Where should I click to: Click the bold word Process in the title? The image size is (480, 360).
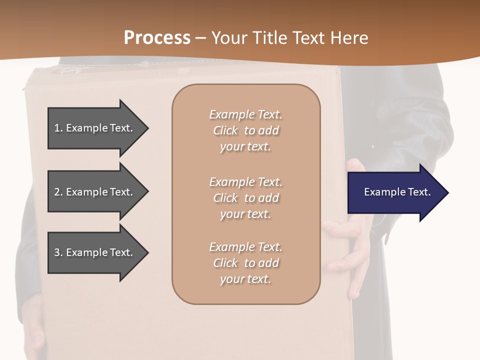(x=157, y=38)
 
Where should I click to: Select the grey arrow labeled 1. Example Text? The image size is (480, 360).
(x=95, y=128)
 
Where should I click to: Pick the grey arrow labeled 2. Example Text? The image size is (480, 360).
(x=95, y=192)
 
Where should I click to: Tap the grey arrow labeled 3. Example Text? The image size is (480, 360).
(x=95, y=252)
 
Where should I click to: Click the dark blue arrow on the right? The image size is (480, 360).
(x=395, y=192)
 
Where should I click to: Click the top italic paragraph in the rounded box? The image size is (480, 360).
(x=245, y=130)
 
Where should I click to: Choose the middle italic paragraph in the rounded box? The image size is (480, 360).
(x=245, y=198)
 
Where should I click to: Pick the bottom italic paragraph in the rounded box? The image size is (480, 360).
(x=245, y=263)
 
